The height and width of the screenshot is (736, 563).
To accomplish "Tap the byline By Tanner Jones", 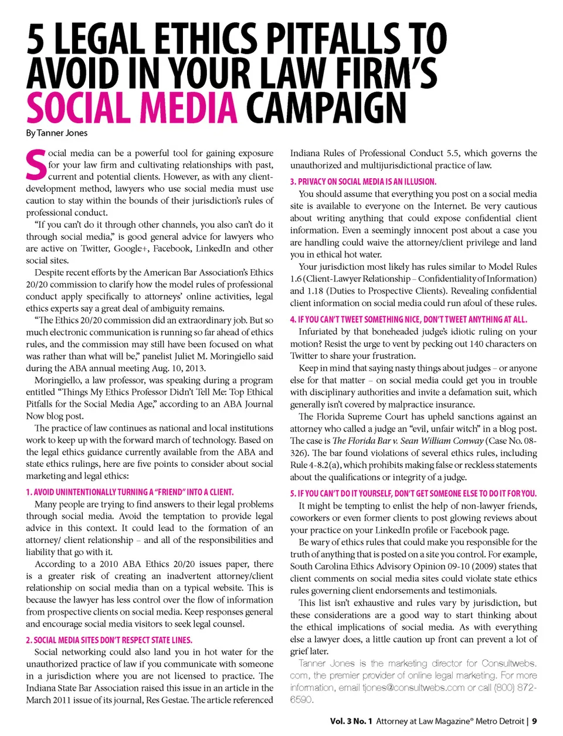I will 56,133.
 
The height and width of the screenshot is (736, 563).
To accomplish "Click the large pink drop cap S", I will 36,165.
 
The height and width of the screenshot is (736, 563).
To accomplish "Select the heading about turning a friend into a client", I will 130,492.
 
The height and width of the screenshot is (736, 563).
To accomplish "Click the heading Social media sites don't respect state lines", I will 109,640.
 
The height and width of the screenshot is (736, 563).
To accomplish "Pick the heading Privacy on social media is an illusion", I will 363,182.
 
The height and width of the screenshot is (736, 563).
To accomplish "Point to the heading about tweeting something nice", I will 408,320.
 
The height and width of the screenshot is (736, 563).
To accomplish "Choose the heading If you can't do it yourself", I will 413,494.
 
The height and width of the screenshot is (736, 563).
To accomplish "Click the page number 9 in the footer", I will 535,721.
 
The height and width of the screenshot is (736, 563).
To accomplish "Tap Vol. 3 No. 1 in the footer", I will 351,721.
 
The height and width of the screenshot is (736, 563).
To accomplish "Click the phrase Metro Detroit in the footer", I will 500,721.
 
